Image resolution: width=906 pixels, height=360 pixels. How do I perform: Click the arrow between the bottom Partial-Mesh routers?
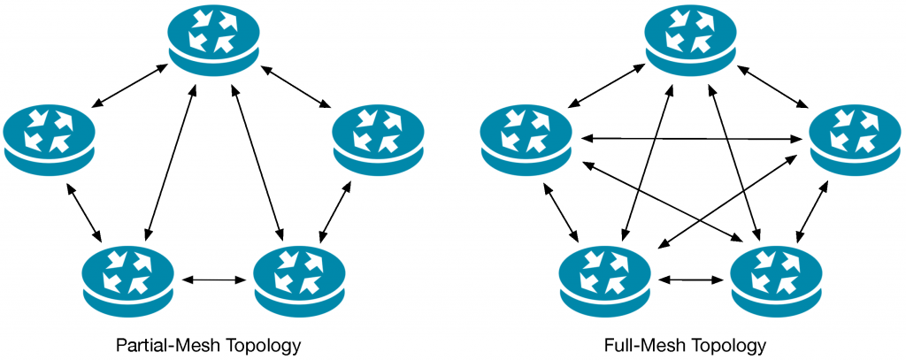pyautogui.click(x=214, y=280)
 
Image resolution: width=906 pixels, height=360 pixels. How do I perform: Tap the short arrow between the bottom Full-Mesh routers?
pyautogui.click(x=691, y=280)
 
